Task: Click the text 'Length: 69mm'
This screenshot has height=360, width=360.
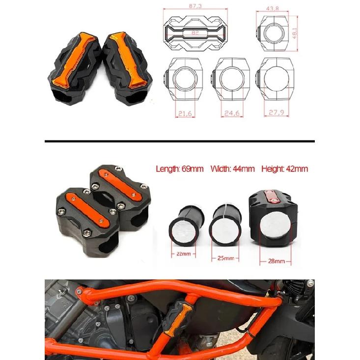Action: point(180,169)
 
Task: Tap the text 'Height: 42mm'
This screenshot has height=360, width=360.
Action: point(284,169)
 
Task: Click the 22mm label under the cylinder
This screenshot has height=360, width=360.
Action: point(182,254)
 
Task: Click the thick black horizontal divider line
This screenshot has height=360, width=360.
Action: point(180,140)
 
